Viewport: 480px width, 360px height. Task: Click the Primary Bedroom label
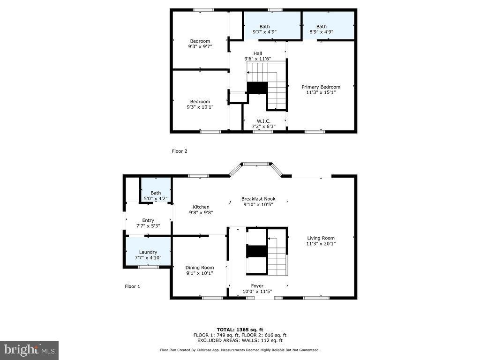pyautogui.click(x=321, y=87)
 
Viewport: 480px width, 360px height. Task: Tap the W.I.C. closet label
pyautogui.click(x=263, y=121)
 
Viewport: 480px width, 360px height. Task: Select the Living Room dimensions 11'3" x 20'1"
pyautogui.click(x=321, y=244)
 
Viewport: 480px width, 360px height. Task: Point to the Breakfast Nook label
pyautogui.click(x=258, y=199)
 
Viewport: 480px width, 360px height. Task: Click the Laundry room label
pyautogui.click(x=148, y=252)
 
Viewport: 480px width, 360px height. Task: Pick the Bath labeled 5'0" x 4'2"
pyautogui.click(x=156, y=195)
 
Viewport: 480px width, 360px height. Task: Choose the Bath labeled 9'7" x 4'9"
pyautogui.click(x=264, y=29)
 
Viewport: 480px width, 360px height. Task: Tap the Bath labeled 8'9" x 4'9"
pyautogui.click(x=321, y=29)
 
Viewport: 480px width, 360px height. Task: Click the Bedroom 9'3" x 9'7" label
pyautogui.click(x=200, y=44)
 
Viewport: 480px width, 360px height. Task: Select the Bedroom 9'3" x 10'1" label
pyautogui.click(x=200, y=105)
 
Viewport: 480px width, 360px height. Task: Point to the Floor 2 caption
pyautogui.click(x=180, y=151)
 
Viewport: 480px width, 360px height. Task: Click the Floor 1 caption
pyautogui.click(x=132, y=286)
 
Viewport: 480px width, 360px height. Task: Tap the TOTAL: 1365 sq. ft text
pyautogui.click(x=240, y=330)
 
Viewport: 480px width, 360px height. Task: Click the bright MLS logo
pyautogui.click(x=29, y=350)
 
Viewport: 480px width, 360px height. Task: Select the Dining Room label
pyautogui.click(x=200, y=268)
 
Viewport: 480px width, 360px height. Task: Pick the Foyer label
pyautogui.click(x=257, y=286)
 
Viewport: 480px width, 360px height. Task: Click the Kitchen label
pyautogui.click(x=201, y=207)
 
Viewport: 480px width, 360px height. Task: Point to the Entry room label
pyautogui.click(x=148, y=220)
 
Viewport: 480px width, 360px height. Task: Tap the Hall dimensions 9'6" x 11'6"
pyautogui.click(x=257, y=59)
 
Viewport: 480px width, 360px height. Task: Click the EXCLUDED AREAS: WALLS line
pyautogui.click(x=240, y=340)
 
